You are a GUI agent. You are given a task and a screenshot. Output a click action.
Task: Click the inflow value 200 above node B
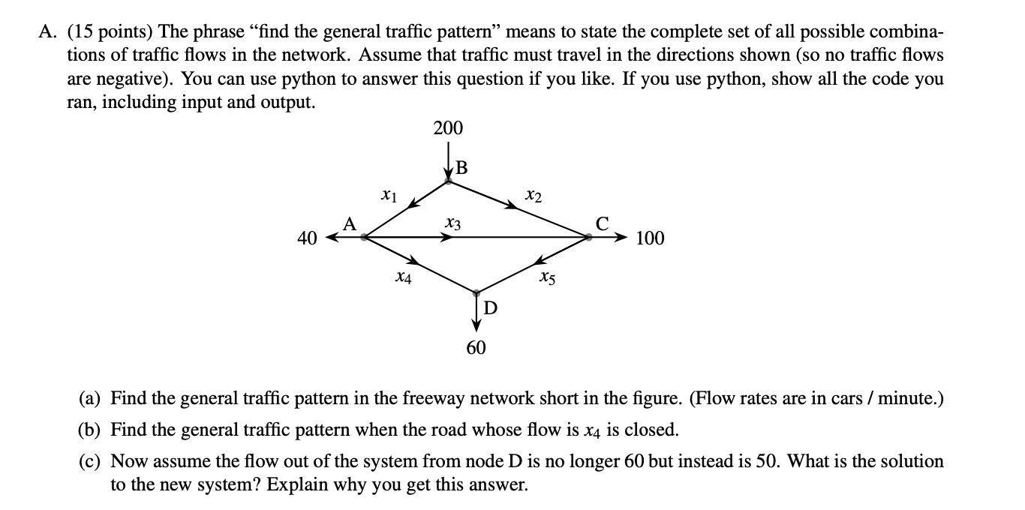click(448, 128)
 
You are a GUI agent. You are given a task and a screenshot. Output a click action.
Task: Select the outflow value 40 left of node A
click(306, 239)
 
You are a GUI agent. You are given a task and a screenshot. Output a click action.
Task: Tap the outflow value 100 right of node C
click(650, 239)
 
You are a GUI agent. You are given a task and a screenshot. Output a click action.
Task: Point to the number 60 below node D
click(476, 348)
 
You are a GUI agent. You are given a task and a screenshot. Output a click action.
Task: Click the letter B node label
click(461, 168)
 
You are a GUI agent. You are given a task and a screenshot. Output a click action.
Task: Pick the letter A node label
click(349, 223)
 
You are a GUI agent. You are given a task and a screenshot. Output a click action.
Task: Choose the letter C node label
click(602, 223)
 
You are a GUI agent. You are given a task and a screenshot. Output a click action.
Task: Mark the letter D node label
click(488, 307)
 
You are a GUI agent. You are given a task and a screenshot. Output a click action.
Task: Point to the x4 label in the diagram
click(403, 278)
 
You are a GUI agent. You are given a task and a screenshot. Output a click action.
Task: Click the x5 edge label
click(547, 279)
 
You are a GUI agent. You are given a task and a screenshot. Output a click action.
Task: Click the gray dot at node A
click(364, 238)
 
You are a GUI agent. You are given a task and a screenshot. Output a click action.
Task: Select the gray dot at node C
click(588, 238)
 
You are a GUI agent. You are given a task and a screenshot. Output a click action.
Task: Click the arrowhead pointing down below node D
click(476, 324)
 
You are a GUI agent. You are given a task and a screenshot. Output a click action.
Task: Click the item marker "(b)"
click(92, 430)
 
